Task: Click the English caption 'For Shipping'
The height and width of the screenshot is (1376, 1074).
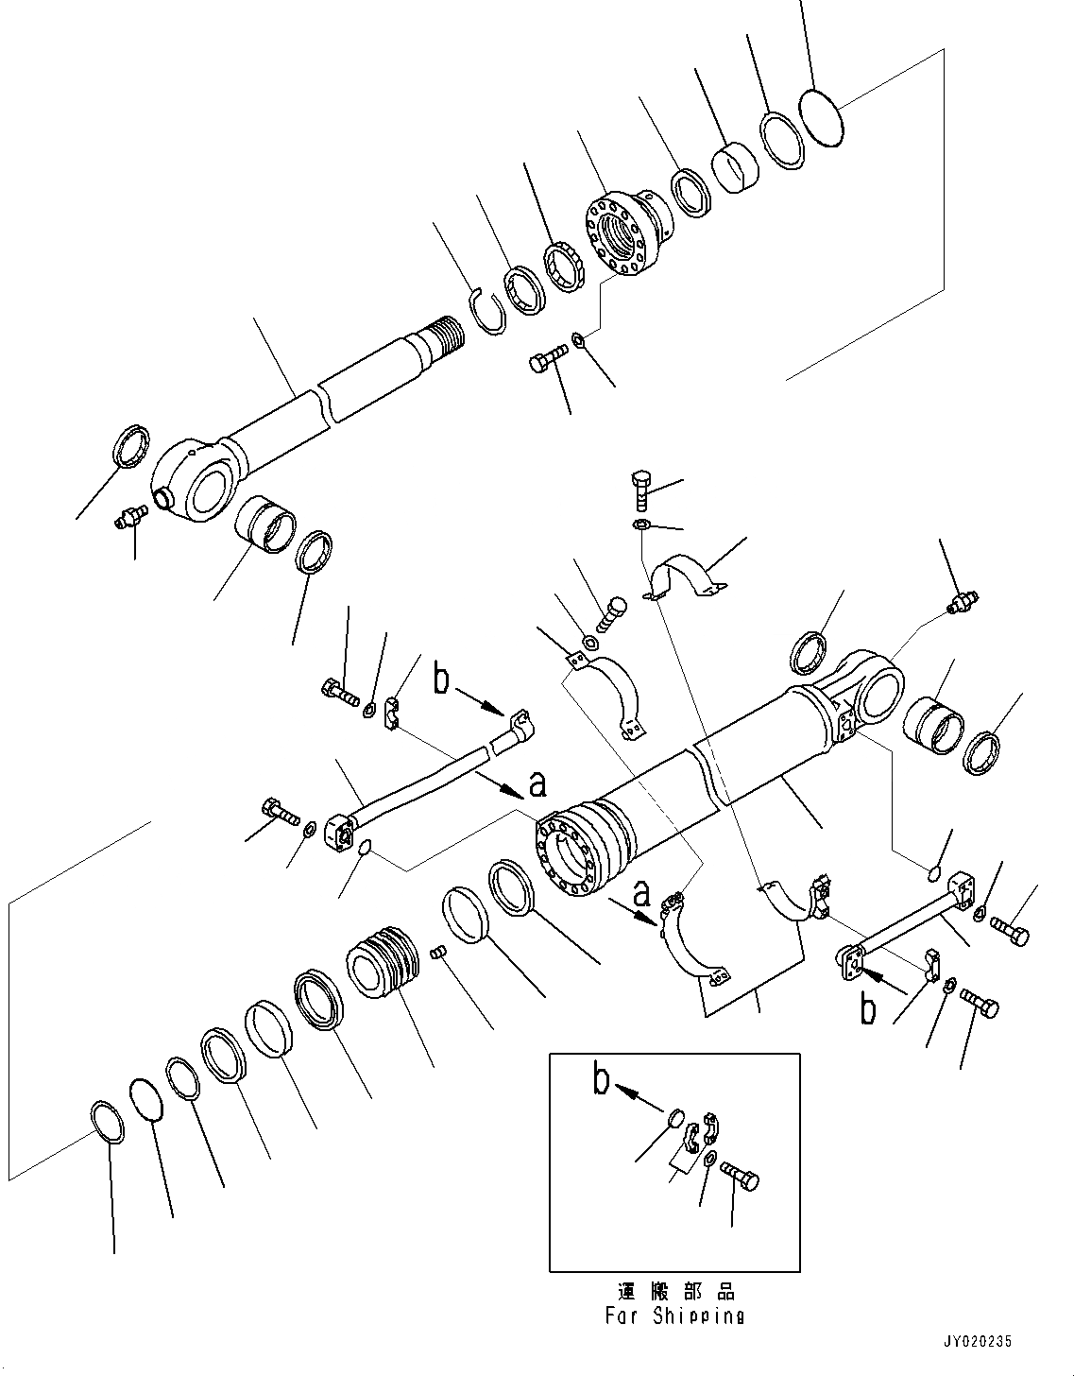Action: pyautogui.click(x=675, y=1316)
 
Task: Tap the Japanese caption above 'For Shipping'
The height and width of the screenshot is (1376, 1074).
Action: pyautogui.click(x=675, y=1291)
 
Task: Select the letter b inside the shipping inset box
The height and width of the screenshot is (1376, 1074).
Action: pyautogui.click(x=601, y=1079)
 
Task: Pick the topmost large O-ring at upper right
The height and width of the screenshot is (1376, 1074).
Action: pyautogui.click(x=820, y=117)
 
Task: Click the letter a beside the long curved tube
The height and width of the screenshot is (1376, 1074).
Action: pyautogui.click(x=537, y=783)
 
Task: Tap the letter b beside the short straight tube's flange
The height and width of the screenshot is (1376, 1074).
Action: pyautogui.click(x=868, y=1008)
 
